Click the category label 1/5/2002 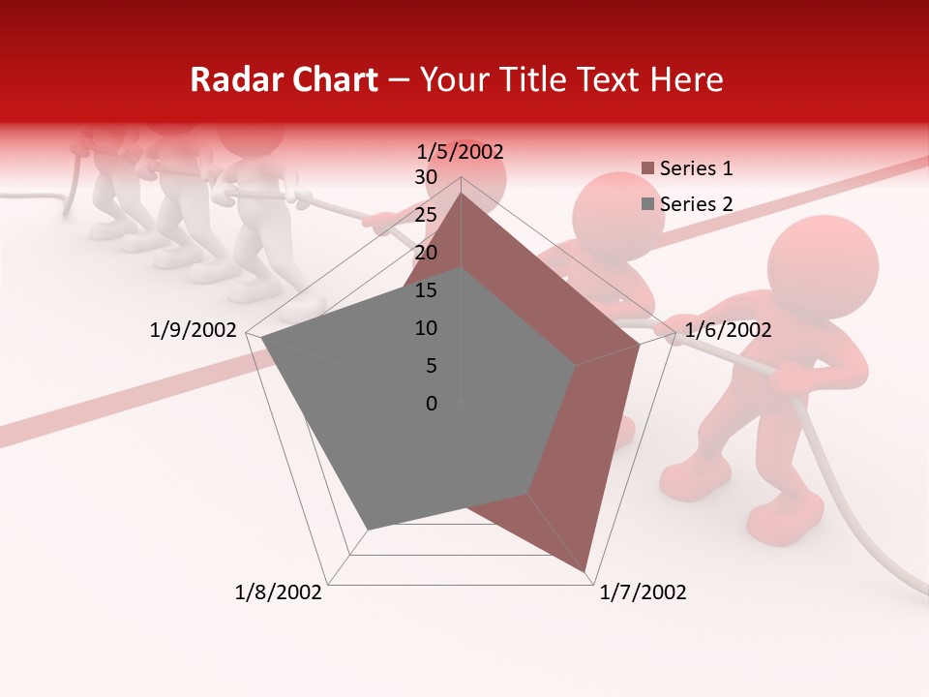[461, 151]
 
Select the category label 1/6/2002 [728, 330]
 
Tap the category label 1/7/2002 [643, 592]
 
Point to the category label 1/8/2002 [279, 592]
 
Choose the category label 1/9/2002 [194, 330]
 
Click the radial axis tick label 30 [426, 177]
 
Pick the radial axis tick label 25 [426, 215]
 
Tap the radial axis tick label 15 [426, 290]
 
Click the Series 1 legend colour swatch [647, 168]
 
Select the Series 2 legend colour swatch [647, 204]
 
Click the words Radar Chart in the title [284, 79]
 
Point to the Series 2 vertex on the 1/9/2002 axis [261, 338]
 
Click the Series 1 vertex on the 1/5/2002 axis [461, 193]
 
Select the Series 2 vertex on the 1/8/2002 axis [368, 529]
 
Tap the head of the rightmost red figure [824, 263]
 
